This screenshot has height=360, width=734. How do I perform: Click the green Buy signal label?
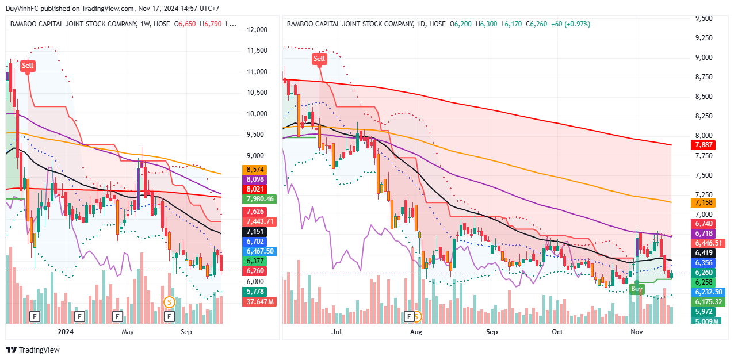pyautogui.click(x=636, y=288)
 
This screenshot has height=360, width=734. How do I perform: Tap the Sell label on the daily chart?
pyautogui.click(x=319, y=59)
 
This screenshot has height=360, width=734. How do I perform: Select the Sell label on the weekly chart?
pyautogui.click(x=28, y=66)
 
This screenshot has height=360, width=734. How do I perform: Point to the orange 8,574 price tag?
pyautogui.click(x=254, y=170)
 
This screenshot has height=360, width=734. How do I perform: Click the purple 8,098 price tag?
pyautogui.click(x=254, y=179)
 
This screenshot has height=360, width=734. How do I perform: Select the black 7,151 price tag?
pyautogui.click(x=254, y=232)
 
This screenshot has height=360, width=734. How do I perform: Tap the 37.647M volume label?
pyautogui.click(x=260, y=301)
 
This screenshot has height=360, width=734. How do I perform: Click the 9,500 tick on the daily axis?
pyautogui.click(x=704, y=18)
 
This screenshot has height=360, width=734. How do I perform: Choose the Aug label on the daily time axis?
pyautogui.click(x=415, y=332)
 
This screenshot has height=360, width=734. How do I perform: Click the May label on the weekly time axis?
pyautogui.click(x=127, y=332)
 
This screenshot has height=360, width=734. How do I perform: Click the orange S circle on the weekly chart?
pyautogui.click(x=169, y=301)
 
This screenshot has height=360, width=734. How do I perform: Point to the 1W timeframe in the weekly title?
pyautogui.click(x=147, y=24)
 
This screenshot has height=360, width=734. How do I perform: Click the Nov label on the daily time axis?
pyautogui.click(x=636, y=332)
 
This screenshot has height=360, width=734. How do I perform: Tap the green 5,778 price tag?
pyautogui.click(x=254, y=292)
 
